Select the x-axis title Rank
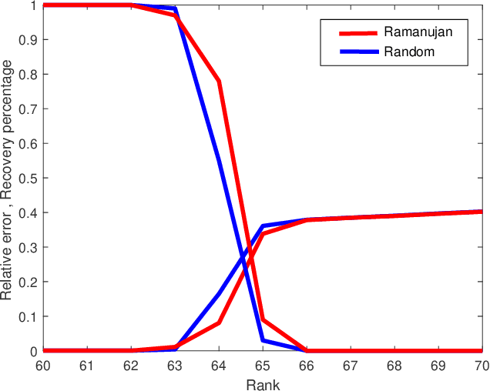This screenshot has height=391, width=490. click(263, 383)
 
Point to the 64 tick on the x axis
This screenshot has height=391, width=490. click(220, 365)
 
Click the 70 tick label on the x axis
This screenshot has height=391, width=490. click(481, 365)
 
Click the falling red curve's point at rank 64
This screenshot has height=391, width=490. click(220, 81)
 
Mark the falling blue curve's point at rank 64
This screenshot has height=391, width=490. click(220, 161)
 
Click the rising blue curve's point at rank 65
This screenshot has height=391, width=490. click(263, 226)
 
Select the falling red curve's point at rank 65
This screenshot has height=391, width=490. click(263, 319)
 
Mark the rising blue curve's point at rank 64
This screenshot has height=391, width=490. click(220, 293)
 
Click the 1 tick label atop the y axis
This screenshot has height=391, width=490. click(32, 5)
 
